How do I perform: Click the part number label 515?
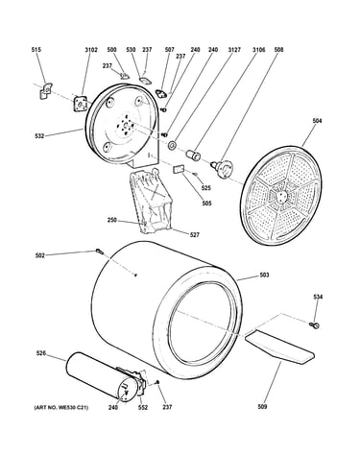pyautogui.click(x=36, y=50)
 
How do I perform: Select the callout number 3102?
pyautogui.click(x=91, y=50)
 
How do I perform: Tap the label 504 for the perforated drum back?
pyautogui.click(x=317, y=121)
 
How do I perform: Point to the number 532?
pyautogui.click(x=39, y=136)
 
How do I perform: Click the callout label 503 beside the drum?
pyautogui.click(x=264, y=275)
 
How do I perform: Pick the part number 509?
pyautogui.click(x=262, y=407)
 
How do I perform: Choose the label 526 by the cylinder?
pyautogui.click(x=40, y=353)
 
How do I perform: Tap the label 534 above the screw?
pyautogui.click(x=318, y=297)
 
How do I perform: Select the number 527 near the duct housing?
pyautogui.click(x=194, y=235)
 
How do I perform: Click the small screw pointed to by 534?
pyautogui.click(x=315, y=325)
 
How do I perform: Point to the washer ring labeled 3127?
pyautogui.click(x=172, y=146)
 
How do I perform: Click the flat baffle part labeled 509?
pyautogui.click(x=279, y=348)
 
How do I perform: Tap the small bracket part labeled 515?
pyautogui.click(x=46, y=90)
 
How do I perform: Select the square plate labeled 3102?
pyautogui.click(x=81, y=104)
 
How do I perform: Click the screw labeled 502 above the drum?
pyautogui.click(x=99, y=252)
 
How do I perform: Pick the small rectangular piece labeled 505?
pyautogui.click(x=179, y=169)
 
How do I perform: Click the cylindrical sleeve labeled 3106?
pyautogui.click(x=193, y=155)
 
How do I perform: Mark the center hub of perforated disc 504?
pyautogui.click(x=281, y=196)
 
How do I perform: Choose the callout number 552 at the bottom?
pyautogui.click(x=143, y=407)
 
